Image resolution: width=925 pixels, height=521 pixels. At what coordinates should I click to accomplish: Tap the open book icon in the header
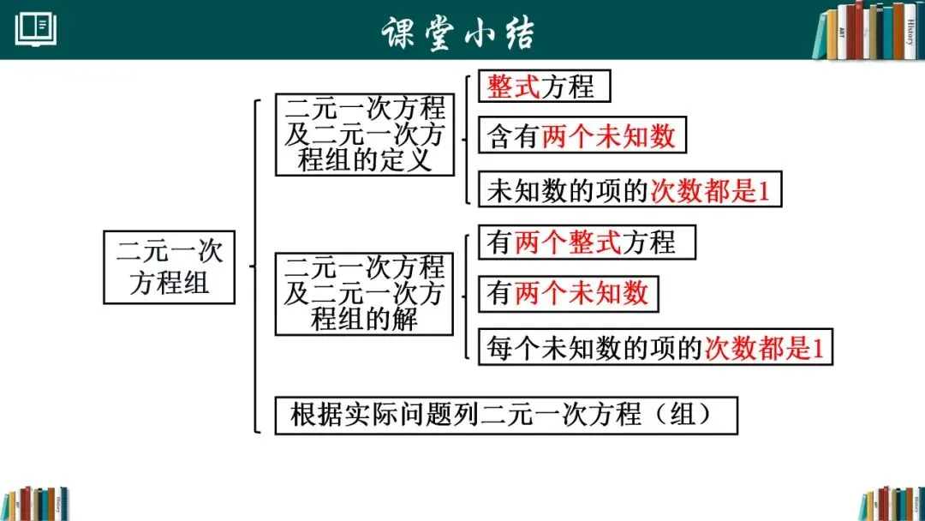click(36, 29)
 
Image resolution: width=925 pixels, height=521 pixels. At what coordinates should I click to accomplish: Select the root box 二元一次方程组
click(170, 266)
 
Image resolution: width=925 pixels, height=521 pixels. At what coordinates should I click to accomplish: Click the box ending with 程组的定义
click(365, 135)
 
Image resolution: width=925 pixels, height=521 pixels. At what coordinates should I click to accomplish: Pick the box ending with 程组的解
click(365, 293)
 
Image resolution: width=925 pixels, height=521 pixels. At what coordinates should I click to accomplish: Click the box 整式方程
click(545, 87)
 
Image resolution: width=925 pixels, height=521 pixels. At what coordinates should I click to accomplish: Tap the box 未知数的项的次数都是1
click(630, 190)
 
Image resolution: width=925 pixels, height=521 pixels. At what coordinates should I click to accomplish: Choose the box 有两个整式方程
click(587, 243)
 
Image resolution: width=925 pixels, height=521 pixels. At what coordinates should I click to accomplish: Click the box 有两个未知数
click(568, 294)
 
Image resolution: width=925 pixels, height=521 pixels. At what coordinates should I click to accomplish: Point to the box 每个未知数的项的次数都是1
click(655, 347)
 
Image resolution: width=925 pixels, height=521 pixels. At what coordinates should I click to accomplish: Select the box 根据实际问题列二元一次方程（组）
click(505, 415)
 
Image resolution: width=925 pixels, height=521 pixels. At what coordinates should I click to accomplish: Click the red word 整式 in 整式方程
click(514, 87)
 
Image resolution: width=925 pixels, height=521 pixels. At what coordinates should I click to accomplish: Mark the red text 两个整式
click(568, 243)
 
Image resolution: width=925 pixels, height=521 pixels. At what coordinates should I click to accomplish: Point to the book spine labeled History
click(909, 31)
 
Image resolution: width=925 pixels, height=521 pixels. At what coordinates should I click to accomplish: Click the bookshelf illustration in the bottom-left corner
click(34, 503)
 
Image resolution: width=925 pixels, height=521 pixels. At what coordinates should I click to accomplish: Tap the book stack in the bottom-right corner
click(891, 503)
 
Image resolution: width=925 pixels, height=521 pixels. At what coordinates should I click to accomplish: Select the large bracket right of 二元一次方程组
click(255, 266)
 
